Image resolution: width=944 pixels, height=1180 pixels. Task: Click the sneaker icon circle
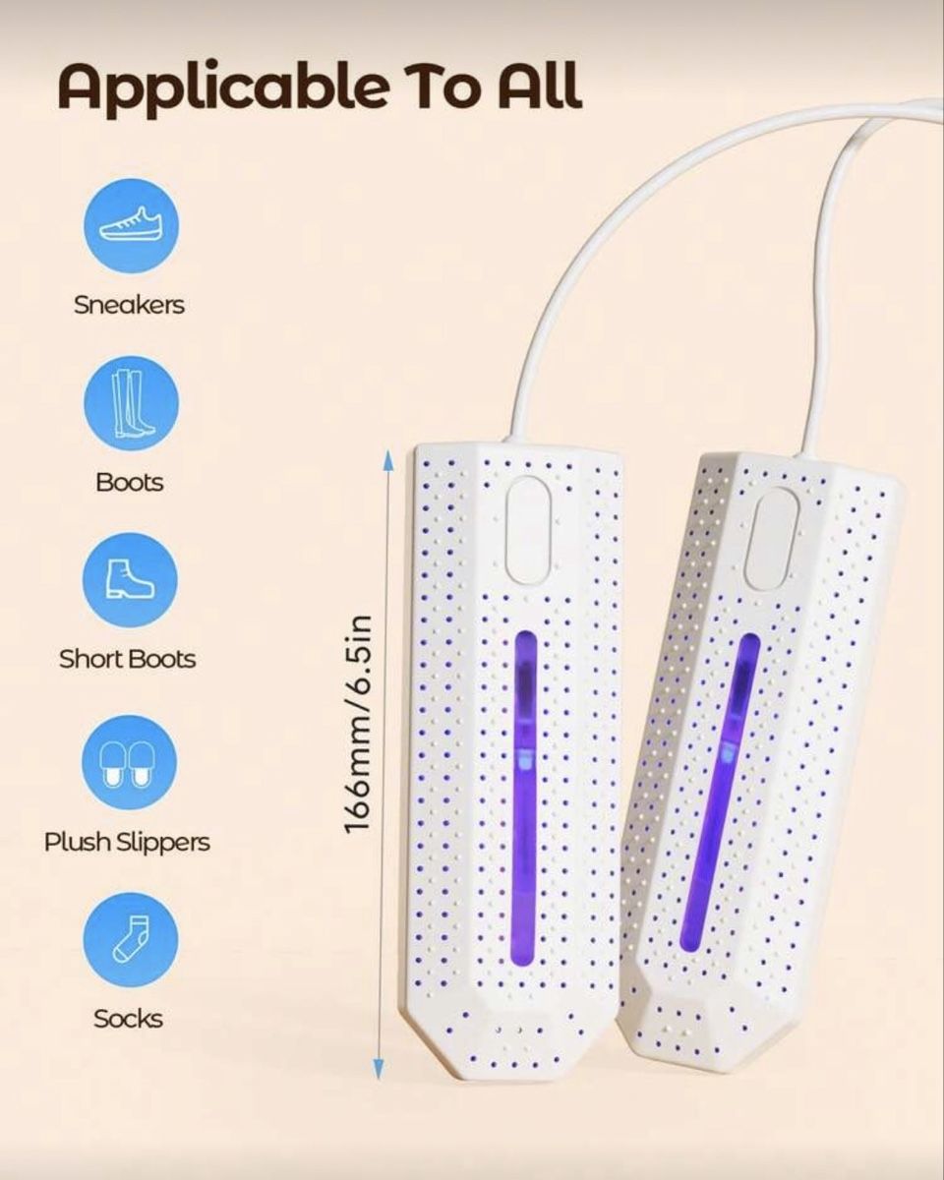click(x=131, y=224)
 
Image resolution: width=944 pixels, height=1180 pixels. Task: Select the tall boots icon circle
click(x=131, y=403)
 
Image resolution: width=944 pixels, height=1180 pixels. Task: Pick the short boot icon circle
click(x=131, y=581)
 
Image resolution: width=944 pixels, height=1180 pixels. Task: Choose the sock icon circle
click(x=131, y=940)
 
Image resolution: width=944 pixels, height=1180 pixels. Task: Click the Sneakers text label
click(x=130, y=305)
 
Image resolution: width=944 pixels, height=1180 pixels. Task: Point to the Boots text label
click(x=130, y=483)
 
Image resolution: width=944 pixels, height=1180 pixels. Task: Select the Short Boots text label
click(x=127, y=659)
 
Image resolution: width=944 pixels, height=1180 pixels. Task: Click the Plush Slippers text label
click(x=127, y=843)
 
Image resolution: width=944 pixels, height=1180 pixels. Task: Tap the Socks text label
click(x=129, y=1019)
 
